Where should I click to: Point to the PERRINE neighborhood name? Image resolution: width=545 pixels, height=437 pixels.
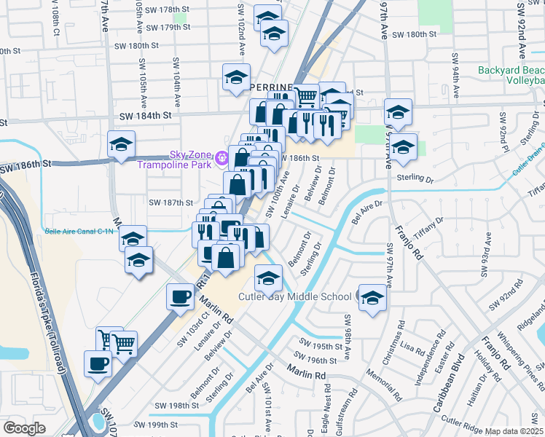[271, 87]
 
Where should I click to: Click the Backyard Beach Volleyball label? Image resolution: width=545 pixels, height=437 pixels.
[511, 76]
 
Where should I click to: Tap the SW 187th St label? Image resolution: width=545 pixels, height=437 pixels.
[170, 203]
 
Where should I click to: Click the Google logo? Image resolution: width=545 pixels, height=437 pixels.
[24, 428]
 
